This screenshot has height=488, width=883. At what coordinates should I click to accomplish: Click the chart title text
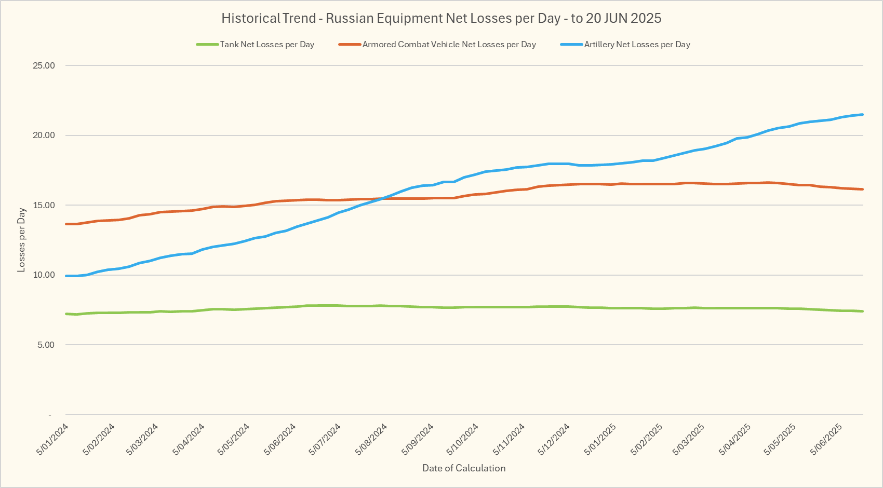click(x=441, y=19)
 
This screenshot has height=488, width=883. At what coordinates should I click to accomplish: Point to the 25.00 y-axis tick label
click(x=44, y=65)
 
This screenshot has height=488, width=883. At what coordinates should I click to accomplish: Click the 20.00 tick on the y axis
click(x=44, y=135)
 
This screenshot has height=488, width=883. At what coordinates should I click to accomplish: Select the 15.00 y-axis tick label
click(x=44, y=205)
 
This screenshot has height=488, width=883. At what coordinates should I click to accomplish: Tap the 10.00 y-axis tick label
click(x=44, y=275)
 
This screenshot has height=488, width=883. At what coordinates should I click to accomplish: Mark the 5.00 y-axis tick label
click(x=45, y=345)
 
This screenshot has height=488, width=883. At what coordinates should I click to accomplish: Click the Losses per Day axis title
click(x=21, y=240)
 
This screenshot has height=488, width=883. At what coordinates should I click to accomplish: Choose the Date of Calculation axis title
click(x=464, y=468)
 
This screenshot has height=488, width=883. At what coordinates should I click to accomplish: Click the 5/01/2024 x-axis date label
click(x=52, y=439)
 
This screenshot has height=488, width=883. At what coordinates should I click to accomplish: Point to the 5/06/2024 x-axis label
click(x=280, y=439)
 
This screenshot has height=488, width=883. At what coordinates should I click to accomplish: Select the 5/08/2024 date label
click(x=371, y=439)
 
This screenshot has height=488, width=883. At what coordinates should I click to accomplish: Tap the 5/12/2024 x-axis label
click(x=554, y=439)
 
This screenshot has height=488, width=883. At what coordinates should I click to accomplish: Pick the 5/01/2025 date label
click(x=600, y=439)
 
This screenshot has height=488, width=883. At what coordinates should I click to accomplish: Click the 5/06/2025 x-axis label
click(x=826, y=439)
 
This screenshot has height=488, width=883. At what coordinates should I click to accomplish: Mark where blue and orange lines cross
click(x=383, y=198)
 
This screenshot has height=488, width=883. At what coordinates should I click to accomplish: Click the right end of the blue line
click(x=863, y=115)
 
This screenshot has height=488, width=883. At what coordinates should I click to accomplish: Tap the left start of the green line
click(x=66, y=314)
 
